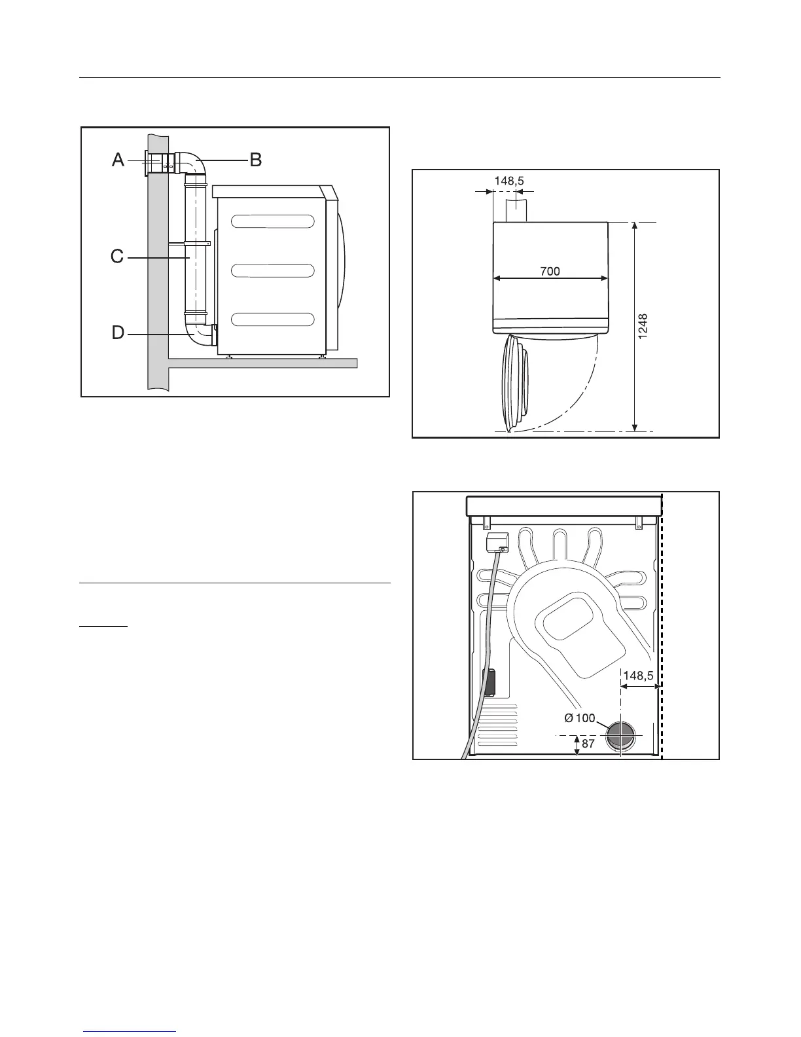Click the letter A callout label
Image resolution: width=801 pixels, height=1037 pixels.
point(118,159)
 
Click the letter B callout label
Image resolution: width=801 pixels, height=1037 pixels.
point(255,159)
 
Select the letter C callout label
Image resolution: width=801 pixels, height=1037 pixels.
point(117,257)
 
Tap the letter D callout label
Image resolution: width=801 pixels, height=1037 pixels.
point(118,333)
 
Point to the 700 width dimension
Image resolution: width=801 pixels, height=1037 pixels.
point(550,270)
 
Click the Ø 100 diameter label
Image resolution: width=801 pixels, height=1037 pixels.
point(579,718)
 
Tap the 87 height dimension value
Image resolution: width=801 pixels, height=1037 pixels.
point(588,743)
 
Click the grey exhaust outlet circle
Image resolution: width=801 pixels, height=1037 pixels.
point(618,735)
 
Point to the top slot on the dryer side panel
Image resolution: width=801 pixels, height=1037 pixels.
point(273,222)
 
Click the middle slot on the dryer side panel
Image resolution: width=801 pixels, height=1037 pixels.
point(273,270)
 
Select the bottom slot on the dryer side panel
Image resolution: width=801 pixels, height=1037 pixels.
point(273,320)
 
